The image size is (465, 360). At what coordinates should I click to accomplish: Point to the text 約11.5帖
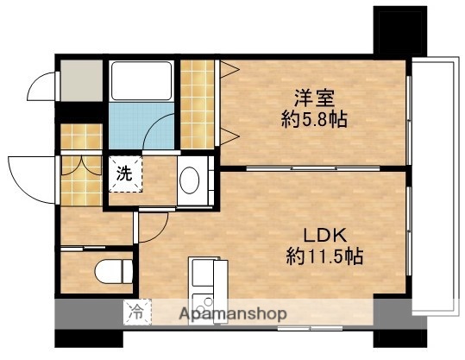point(324,256)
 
